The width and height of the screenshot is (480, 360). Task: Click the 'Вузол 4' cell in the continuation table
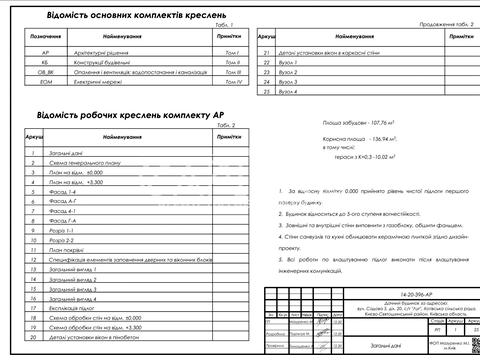coord(290,92)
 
